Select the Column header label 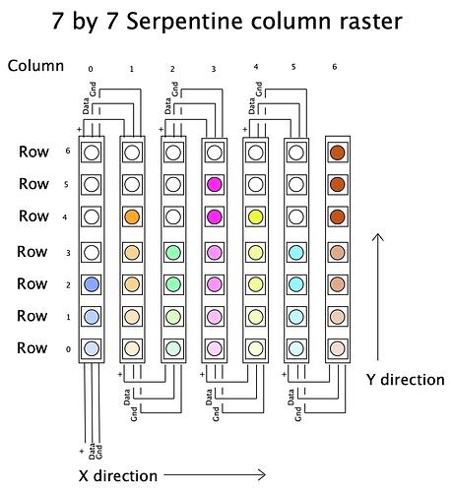coord(35,66)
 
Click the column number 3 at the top coord(214,70)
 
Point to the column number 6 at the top coord(337,70)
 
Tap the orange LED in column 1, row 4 coord(132,216)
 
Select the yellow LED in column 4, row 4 coord(255,216)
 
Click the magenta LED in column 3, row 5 coord(214,184)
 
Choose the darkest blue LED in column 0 coord(91,283)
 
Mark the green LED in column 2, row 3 coord(172,251)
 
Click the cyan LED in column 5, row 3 coord(295,251)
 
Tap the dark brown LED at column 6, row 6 coord(337,153)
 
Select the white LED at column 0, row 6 coord(91,153)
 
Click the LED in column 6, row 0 coord(337,348)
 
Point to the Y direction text coord(406,379)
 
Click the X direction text coord(117,475)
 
